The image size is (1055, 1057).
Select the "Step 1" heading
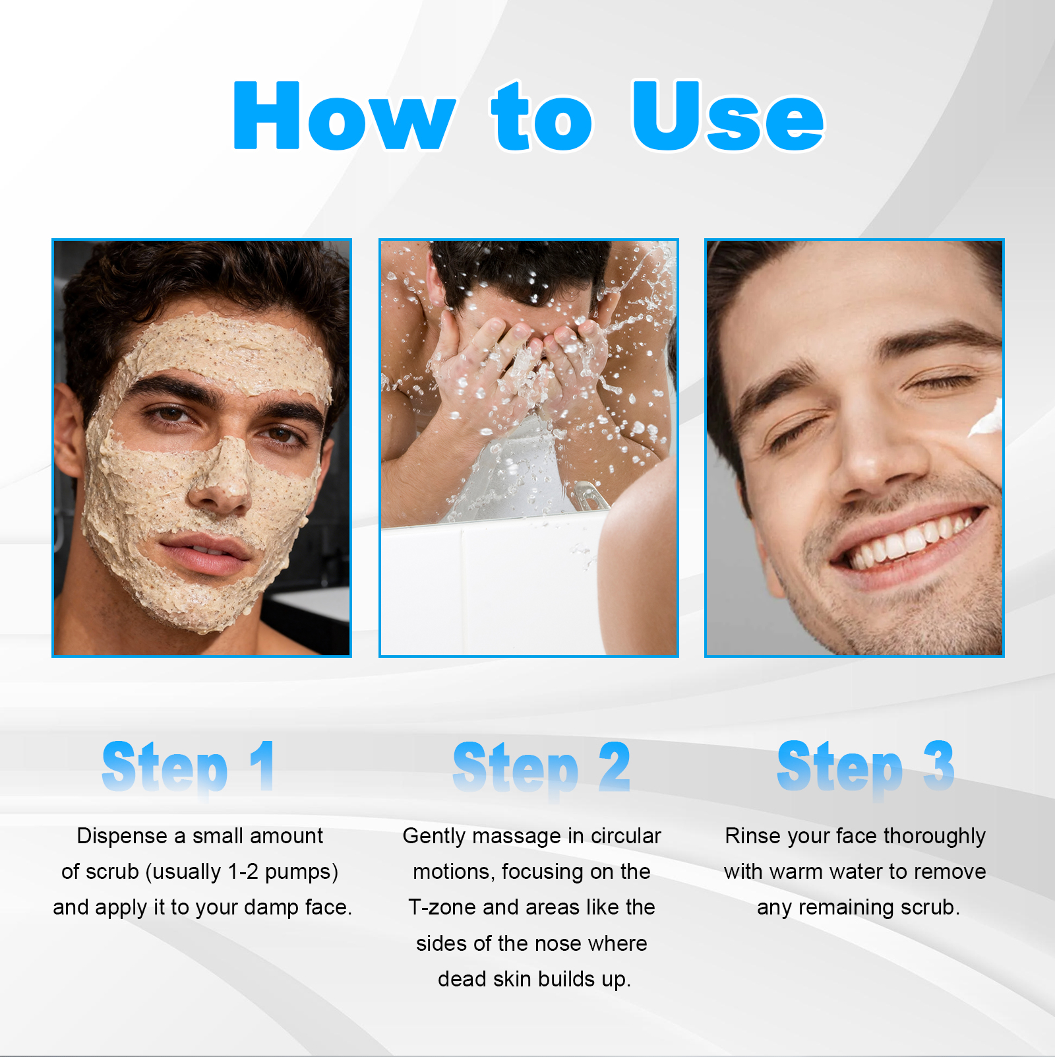189,767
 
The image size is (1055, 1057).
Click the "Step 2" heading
541,767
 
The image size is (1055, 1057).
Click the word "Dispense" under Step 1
122,836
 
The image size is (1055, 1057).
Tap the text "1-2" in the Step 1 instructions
242,872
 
